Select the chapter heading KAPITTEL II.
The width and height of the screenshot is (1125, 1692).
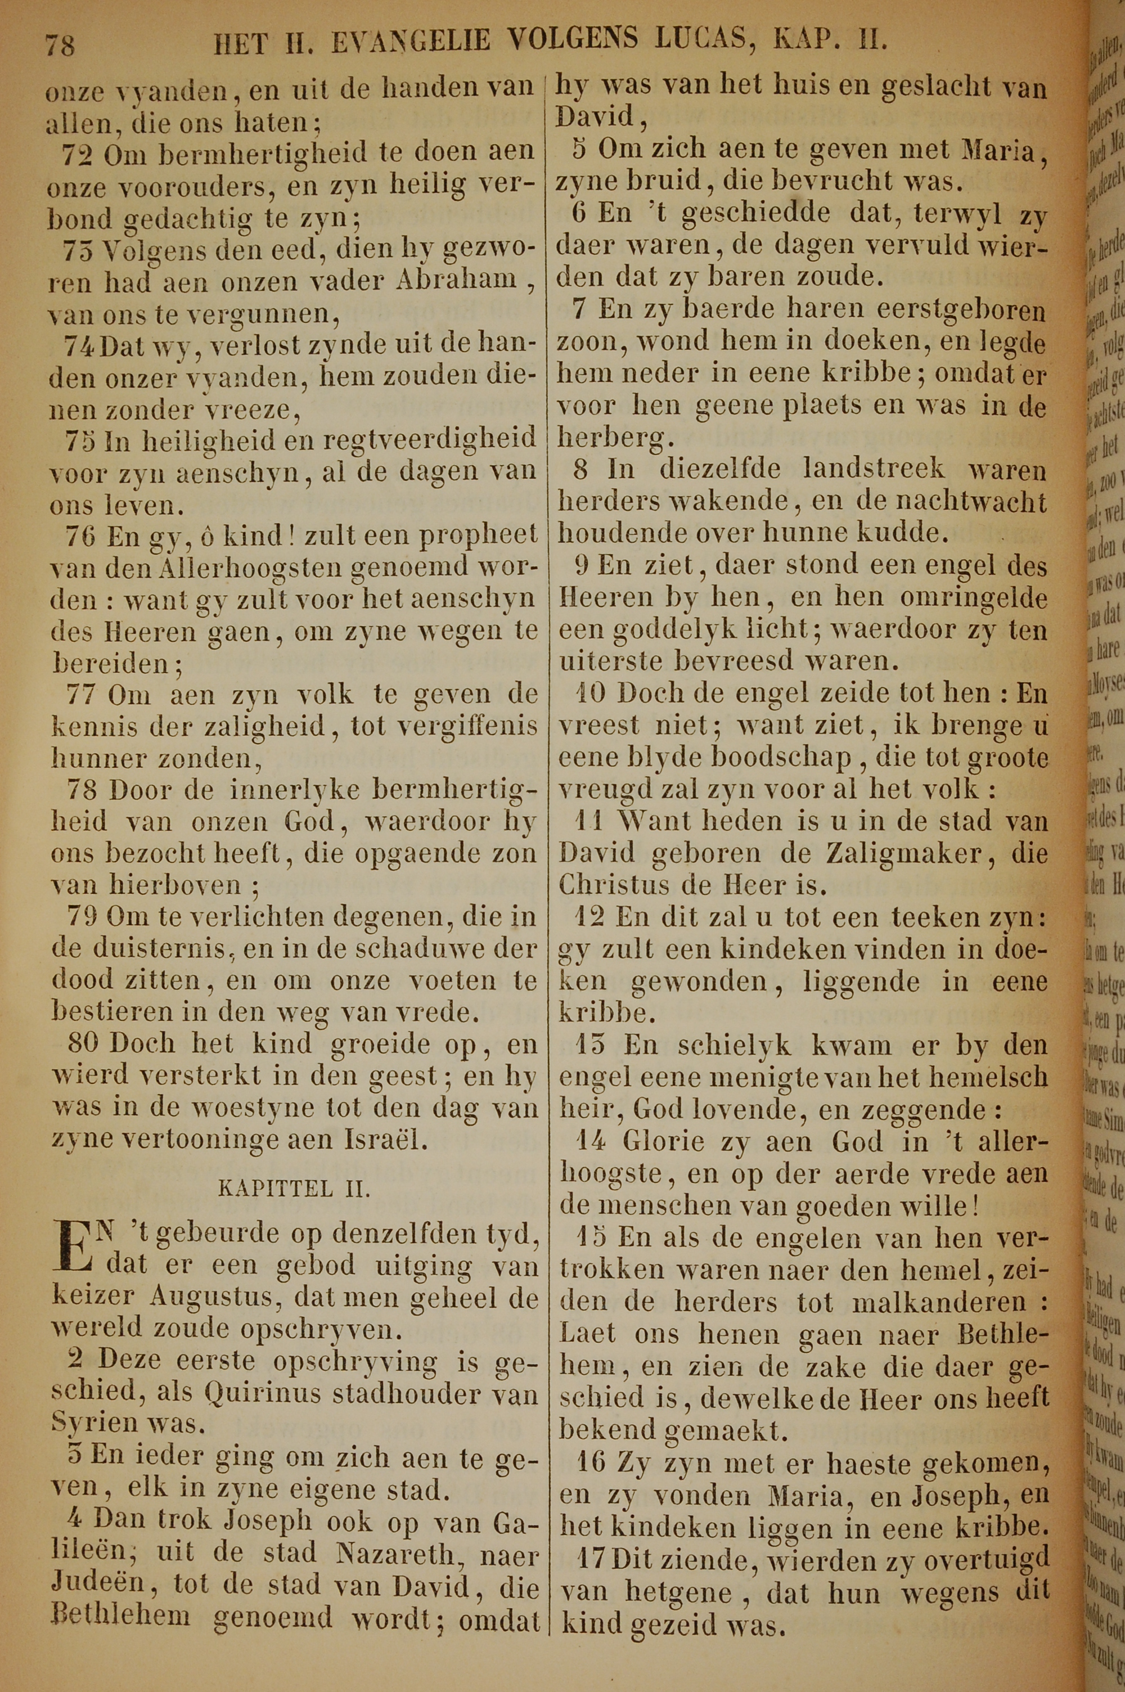pos(294,1189)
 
